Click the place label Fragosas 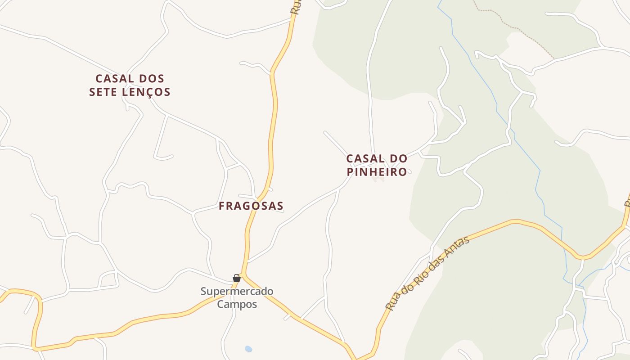(x=251, y=206)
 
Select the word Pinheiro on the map (x=377, y=172)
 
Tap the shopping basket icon (x=237, y=278)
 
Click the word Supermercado (x=237, y=292)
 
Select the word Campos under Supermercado (x=237, y=304)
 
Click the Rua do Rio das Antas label (x=427, y=273)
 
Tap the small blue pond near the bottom (x=248, y=349)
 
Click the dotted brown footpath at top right (x=517, y=29)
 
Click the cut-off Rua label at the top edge (x=296, y=7)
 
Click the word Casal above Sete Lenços (x=114, y=79)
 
